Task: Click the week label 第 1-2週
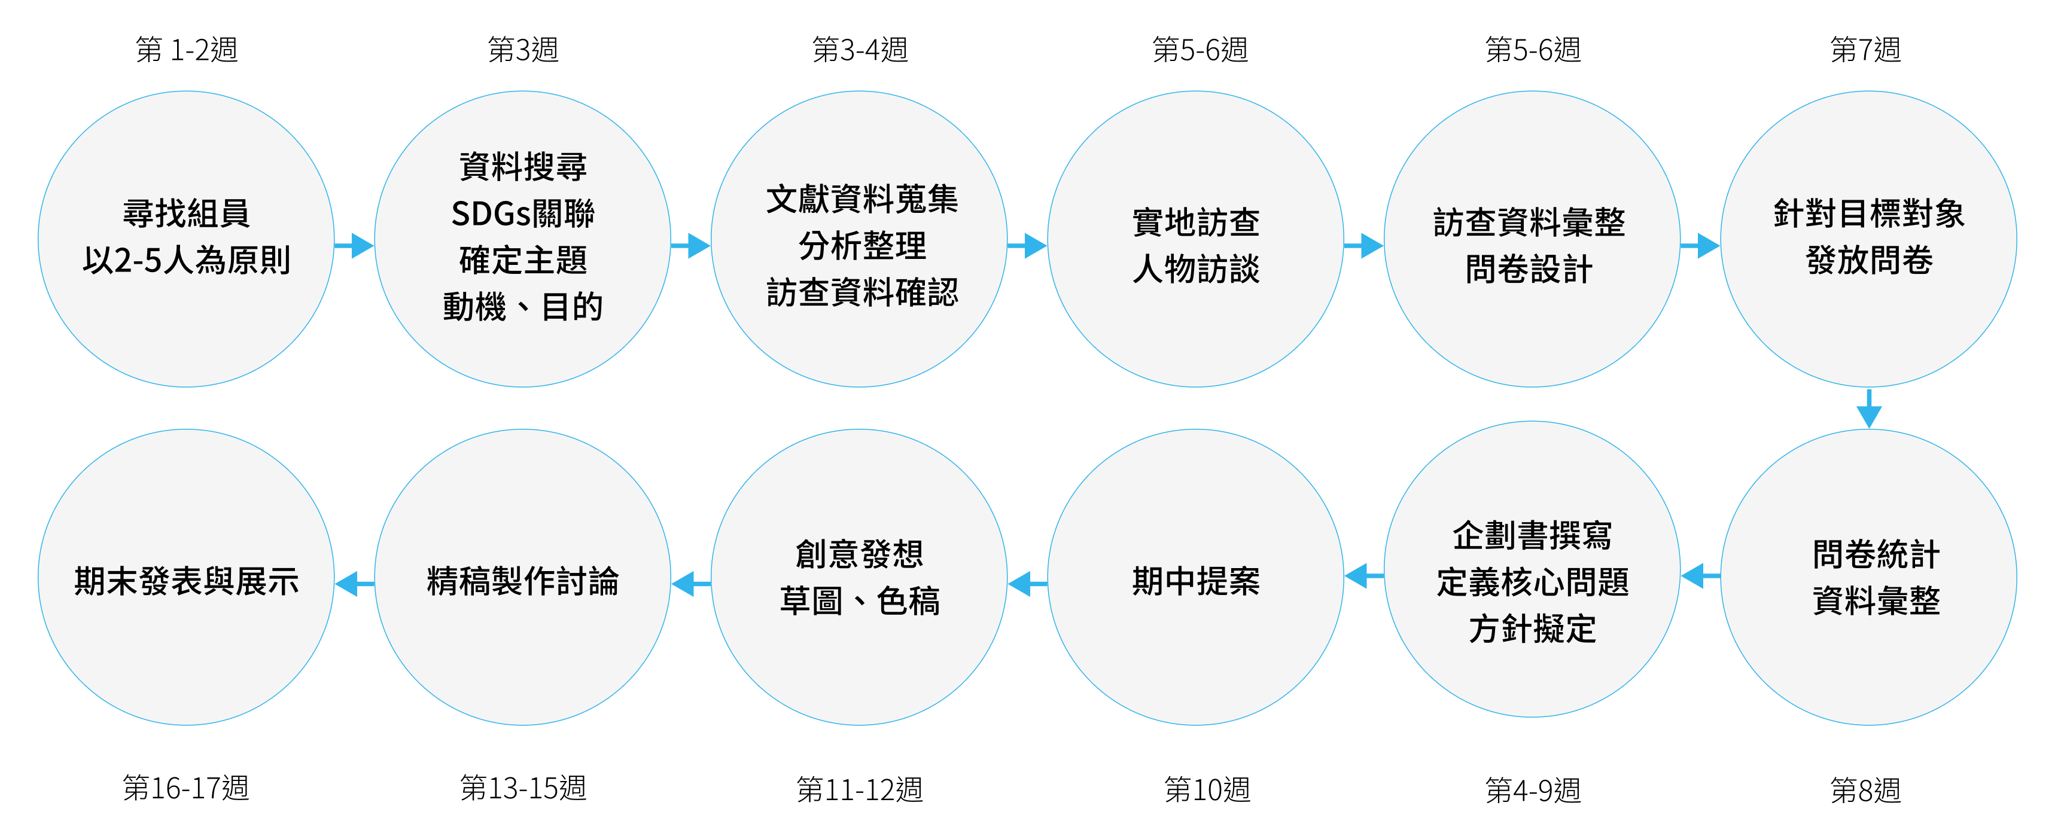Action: point(186,50)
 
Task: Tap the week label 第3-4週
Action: point(859,50)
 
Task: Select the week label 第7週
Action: point(1865,50)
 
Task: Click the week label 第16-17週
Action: point(186,788)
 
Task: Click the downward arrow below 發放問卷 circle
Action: point(1868,409)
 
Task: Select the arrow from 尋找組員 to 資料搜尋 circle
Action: point(354,245)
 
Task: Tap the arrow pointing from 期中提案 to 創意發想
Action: point(1027,584)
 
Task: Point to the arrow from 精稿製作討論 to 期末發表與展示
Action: point(354,584)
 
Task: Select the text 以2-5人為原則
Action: point(186,260)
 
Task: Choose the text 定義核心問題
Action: point(1532,582)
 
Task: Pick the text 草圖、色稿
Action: point(859,600)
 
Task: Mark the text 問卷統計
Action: point(1875,554)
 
